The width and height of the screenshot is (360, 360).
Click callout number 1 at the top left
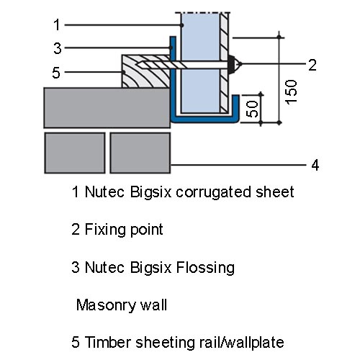(57, 25)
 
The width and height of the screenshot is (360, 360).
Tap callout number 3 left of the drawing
(58, 48)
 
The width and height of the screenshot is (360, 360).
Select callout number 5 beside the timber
(56, 73)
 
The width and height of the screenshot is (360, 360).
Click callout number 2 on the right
(312, 65)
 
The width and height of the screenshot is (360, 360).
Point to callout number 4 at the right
(315, 165)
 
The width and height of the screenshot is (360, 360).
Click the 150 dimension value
(292, 92)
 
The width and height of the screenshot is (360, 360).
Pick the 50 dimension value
(253, 109)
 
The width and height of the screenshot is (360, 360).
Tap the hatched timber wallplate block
(146, 71)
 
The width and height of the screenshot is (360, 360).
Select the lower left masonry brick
(75, 153)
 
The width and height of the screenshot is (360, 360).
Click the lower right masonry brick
(140, 153)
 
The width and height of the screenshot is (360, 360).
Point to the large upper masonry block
(107, 108)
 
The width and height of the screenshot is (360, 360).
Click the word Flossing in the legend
(205, 268)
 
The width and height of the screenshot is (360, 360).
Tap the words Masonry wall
(122, 305)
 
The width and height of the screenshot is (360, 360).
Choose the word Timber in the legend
(109, 342)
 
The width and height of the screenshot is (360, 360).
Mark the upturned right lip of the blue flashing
(235, 107)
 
